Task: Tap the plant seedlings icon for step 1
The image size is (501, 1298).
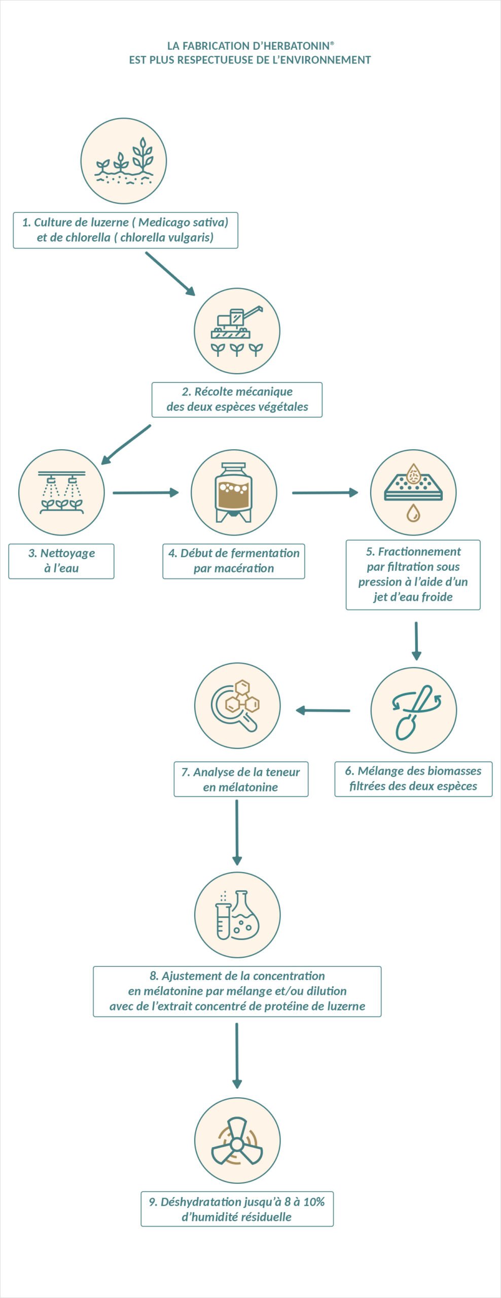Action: [124, 161]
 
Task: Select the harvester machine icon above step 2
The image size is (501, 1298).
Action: [237, 331]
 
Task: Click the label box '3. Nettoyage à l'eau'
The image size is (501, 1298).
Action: [61, 561]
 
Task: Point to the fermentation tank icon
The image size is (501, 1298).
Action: [234, 492]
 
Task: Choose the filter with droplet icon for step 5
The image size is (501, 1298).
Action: [413, 492]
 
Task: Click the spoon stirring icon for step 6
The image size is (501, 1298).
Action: [414, 710]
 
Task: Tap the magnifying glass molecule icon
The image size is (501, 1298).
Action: [237, 705]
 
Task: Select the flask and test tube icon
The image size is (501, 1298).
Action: [237, 915]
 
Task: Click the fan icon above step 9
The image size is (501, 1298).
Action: [237, 1140]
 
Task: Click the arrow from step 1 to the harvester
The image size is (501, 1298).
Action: [170, 274]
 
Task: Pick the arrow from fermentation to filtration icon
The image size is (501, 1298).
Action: [325, 492]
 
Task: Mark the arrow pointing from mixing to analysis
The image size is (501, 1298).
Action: [323, 710]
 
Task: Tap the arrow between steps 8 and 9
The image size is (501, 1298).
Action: [237, 1055]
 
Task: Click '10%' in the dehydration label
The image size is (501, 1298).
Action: [314, 1202]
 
